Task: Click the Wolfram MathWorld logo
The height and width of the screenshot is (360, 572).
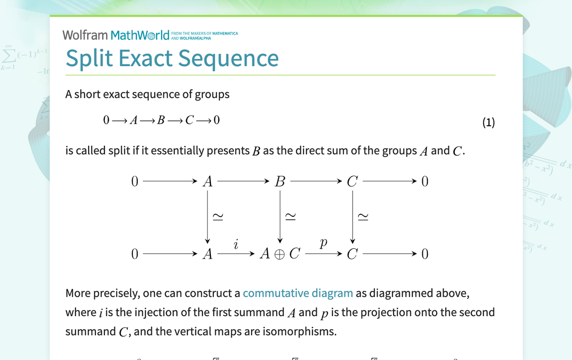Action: pyautogui.click(x=115, y=35)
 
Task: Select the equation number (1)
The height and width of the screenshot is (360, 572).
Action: pyautogui.click(x=488, y=122)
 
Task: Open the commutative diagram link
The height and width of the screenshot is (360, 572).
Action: pyautogui.click(x=297, y=293)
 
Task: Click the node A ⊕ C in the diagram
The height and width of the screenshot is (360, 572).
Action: pyautogui.click(x=280, y=254)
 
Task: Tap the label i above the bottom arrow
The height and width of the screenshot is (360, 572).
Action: pyautogui.click(x=236, y=244)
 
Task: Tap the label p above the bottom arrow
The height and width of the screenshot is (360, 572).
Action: pyautogui.click(x=323, y=244)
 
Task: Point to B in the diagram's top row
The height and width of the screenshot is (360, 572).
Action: pyautogui.click(x=280, y=181)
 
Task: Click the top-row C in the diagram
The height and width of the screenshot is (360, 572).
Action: pyautogui.click(x=352, y=181)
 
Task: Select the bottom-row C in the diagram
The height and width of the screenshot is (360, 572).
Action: pyautogui.click(x=352, y=254)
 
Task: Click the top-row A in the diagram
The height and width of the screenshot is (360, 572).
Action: pyautogui.click(x=208, y=181)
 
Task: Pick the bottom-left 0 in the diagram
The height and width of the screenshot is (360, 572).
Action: pyautogui.click(x=134, y=254)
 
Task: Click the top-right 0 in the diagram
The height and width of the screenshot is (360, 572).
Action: pyautogui.click(x=424, y=181)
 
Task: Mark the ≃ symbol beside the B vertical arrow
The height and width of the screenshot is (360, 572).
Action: pyautogui.click(x=290, y=217)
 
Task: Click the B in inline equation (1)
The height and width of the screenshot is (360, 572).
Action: pyautogui.click(x=161, y=120)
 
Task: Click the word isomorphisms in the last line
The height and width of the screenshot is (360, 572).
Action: pyautogui.click(x=301, y=331)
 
